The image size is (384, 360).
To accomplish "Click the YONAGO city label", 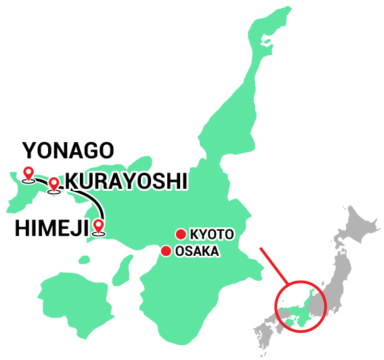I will [x=68, y=150].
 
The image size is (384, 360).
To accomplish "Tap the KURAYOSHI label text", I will [x=125, y=181].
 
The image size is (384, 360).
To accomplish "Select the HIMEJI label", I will [x=51, y=228].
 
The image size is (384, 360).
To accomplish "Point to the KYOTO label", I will [x=211, y=235].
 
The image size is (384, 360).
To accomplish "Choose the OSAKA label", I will [x=196, y=252].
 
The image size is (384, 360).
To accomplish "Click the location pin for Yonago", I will [x=28, y=174].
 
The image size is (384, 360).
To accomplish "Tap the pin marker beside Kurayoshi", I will [x=54, y=183].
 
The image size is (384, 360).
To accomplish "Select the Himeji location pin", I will [x=100, y=227].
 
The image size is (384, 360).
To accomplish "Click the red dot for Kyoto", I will [x=181, y=234].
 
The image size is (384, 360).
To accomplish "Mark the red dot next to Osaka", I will [x=165, y=251].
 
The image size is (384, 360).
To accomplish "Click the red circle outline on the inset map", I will [x=276, y=308].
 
